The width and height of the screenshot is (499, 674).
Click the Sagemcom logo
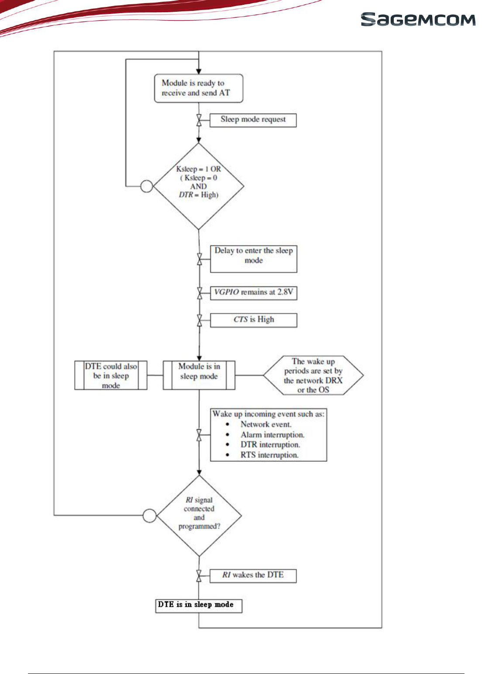click(418, 19)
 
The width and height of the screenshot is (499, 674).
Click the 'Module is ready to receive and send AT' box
click(199, 88)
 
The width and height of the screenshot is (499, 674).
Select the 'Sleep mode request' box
click(253, 120)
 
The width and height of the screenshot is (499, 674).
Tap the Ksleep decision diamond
click(199, 186)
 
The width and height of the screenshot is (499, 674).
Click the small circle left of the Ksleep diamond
click(147, 186)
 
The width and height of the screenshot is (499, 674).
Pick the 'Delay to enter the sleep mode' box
click(254, 259)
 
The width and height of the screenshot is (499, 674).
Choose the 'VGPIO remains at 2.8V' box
click(254, 293)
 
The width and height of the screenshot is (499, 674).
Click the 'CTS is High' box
click(254, 320)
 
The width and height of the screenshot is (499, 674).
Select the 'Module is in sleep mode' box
click(199, 375)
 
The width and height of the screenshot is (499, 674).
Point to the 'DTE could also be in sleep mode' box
click(111, 375)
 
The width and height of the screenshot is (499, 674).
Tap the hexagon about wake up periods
click(313, 375)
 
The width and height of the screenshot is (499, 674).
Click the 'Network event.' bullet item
click(266, 424)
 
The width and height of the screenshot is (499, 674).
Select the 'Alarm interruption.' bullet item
click(272, 434)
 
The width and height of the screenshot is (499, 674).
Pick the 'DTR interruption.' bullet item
click(270, 444)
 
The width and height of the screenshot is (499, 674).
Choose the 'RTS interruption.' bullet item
click(269, 455)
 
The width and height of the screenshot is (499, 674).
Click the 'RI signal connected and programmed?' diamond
click(199, 516)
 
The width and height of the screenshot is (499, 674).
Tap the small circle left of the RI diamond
click(149, 516)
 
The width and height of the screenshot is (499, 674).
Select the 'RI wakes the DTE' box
click(253, 576)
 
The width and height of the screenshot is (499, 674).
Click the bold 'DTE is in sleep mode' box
click(199, 606)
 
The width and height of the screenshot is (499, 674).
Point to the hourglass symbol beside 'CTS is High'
click(200, 320)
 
